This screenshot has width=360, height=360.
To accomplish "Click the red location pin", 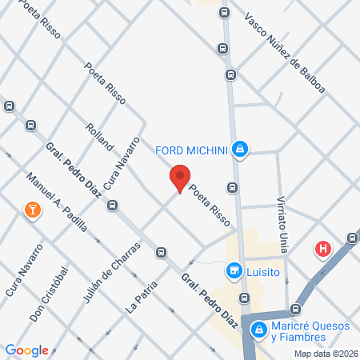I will point(180,178).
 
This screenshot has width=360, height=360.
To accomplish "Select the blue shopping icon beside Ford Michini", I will point(239,149).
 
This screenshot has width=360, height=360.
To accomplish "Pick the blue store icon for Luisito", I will point(234,271).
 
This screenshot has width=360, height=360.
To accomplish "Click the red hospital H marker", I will point(323,249).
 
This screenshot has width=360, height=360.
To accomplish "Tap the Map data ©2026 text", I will point(324,353).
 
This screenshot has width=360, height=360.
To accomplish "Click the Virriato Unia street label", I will point(282,219).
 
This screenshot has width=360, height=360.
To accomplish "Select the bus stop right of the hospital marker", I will point(353,238).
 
